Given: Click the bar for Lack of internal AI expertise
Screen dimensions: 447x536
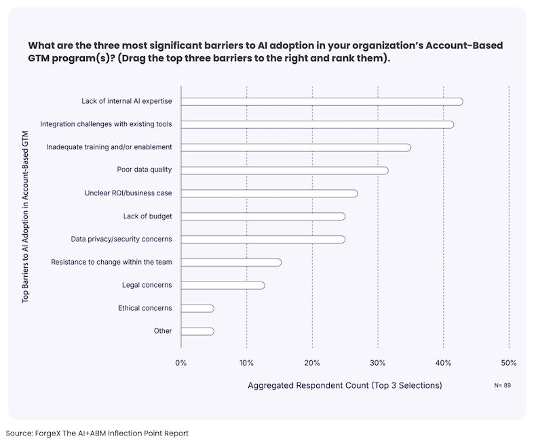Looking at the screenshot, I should [x=322, y=102].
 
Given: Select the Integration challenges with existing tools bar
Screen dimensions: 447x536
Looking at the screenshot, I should [x=317, y=124].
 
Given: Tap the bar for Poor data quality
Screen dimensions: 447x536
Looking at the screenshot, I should [x=284, y=170].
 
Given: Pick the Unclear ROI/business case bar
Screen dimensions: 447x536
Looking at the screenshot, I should [x=269, y=193].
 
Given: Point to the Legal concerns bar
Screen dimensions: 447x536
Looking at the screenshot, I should [x=223, y=286].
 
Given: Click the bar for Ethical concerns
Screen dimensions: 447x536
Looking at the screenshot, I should [x=197, y=309].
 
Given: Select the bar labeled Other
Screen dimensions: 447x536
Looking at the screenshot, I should [x=197, y=332].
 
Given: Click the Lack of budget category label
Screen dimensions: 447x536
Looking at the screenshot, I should [x=148, y=216].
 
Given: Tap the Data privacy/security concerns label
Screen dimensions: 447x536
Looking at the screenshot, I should [x=121, y=239].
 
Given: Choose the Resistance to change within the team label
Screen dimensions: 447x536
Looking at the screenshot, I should [x=111, y=262].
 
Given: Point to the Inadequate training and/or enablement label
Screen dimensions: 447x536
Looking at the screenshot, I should [x=109, y=147].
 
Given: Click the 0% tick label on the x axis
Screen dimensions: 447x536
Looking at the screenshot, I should [x=180, y=363].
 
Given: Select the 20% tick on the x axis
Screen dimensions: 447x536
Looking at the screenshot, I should [x=312, y=363].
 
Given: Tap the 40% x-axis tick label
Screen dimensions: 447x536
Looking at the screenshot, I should [x=443, y=363].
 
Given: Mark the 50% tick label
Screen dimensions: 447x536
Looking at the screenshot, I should [x=508, y=363].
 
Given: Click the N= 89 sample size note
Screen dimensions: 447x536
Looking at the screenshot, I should [x=503, y=385].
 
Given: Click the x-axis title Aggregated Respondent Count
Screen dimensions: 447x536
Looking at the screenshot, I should [x=345, y=385].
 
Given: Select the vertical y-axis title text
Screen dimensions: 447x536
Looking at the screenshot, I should [x=26, y=216].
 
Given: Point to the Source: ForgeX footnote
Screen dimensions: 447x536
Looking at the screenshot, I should [x=97, y=433].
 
